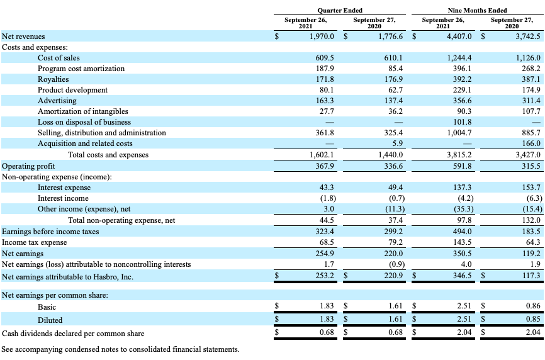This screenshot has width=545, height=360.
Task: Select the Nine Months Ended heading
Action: pyautogui.click(x=477, y=10)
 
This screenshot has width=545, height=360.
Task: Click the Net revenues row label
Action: pyautogui.click(x=24, y=37)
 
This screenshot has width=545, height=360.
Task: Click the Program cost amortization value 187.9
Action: pyautogui.click(x=324, y=68)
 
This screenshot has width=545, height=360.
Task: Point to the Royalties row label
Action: pyautogui.click(x=53, y=79)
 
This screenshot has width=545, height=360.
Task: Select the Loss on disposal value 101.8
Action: pyautogui.click(x=463, y=122)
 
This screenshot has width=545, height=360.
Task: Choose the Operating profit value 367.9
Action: pyautogui.click(x=324, y=166)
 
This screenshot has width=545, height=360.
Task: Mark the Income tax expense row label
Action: pyautogui.click(x=35, y=242)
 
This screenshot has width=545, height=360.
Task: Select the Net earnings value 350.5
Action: pyautogui.click(x=463, y=253)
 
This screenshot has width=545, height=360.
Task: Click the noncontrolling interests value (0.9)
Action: pyautogui.click(x=395, y=264)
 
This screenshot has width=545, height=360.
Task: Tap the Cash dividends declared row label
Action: pyautogui.click(x=73, y=334)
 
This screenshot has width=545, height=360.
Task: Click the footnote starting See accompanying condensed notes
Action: pyautogui.click(x=121, y=349)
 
